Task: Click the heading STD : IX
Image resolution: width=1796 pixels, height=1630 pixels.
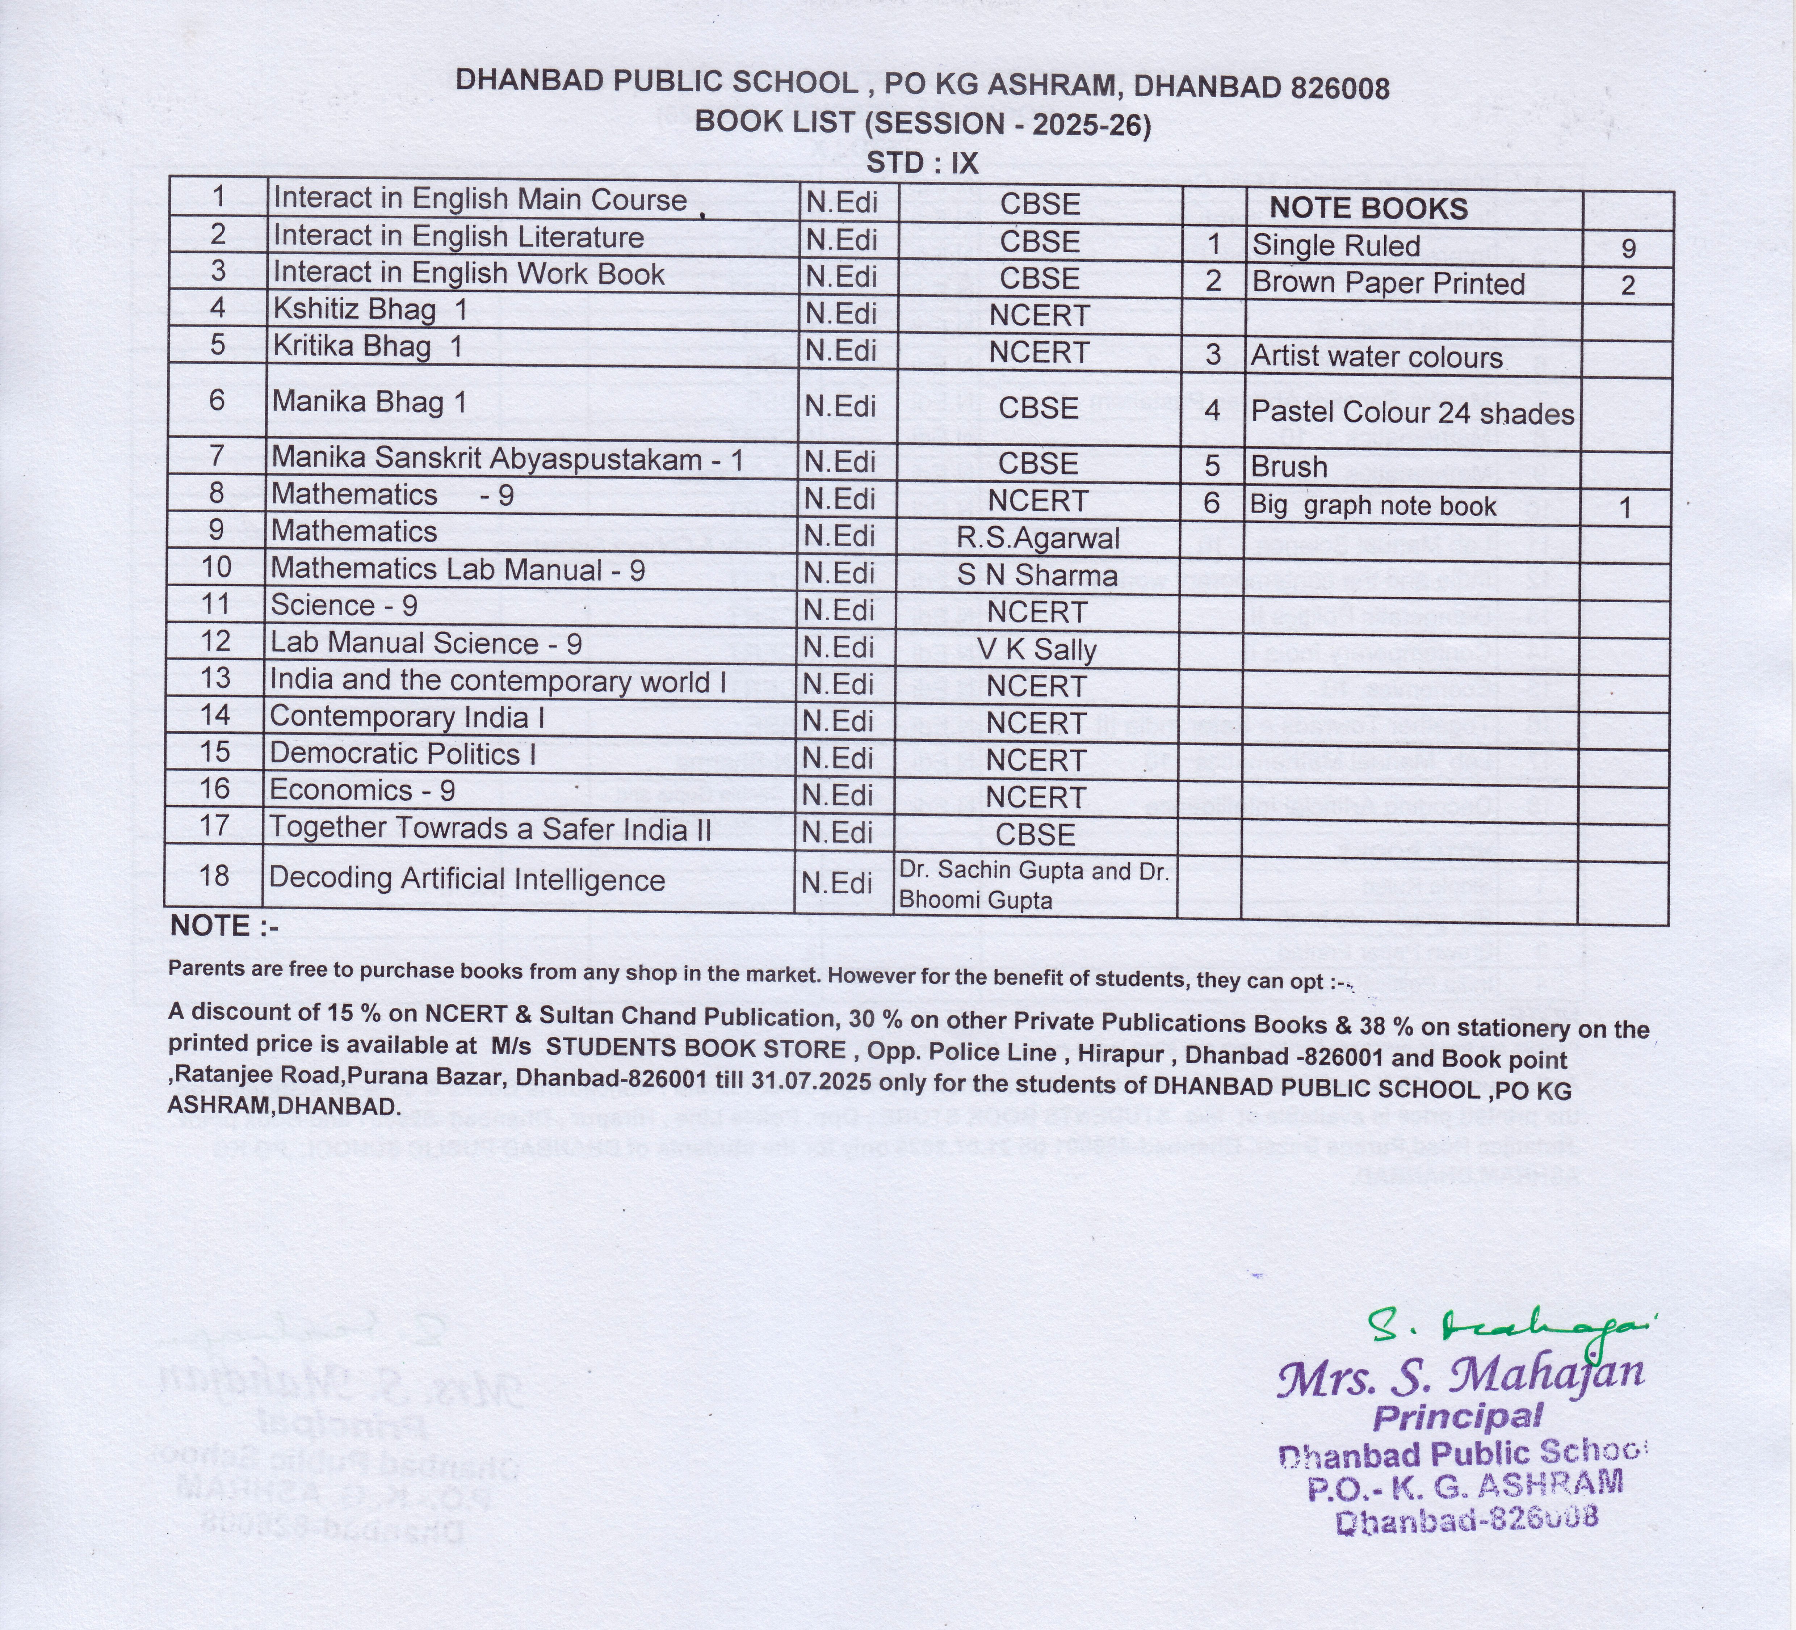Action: click(x=922, y=163)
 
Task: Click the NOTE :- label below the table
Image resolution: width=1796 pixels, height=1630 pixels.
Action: click(x=224, y=926)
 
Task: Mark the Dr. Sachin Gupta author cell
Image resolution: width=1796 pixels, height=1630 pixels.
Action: click(x=1033, y=884)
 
